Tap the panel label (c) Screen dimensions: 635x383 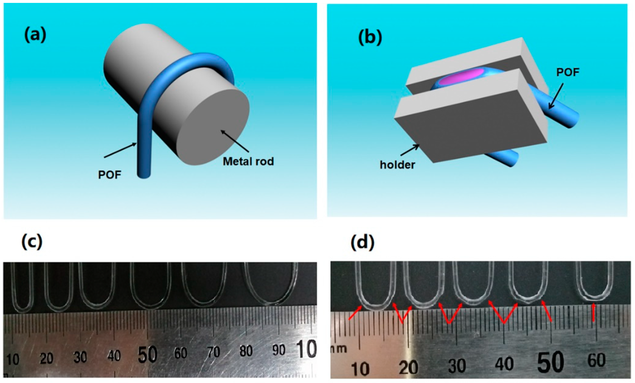(32, 242)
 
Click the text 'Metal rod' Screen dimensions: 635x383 (248, 161)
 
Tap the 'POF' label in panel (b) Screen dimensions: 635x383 (568, 72)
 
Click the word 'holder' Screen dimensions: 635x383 (397, 165)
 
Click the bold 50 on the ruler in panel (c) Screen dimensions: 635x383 (147, 355)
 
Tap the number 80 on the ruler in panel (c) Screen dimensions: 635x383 (246, 351)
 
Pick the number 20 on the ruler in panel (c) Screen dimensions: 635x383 (46, 358)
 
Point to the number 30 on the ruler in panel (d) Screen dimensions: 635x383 (457, 365)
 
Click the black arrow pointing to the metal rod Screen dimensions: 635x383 (235, 141)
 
